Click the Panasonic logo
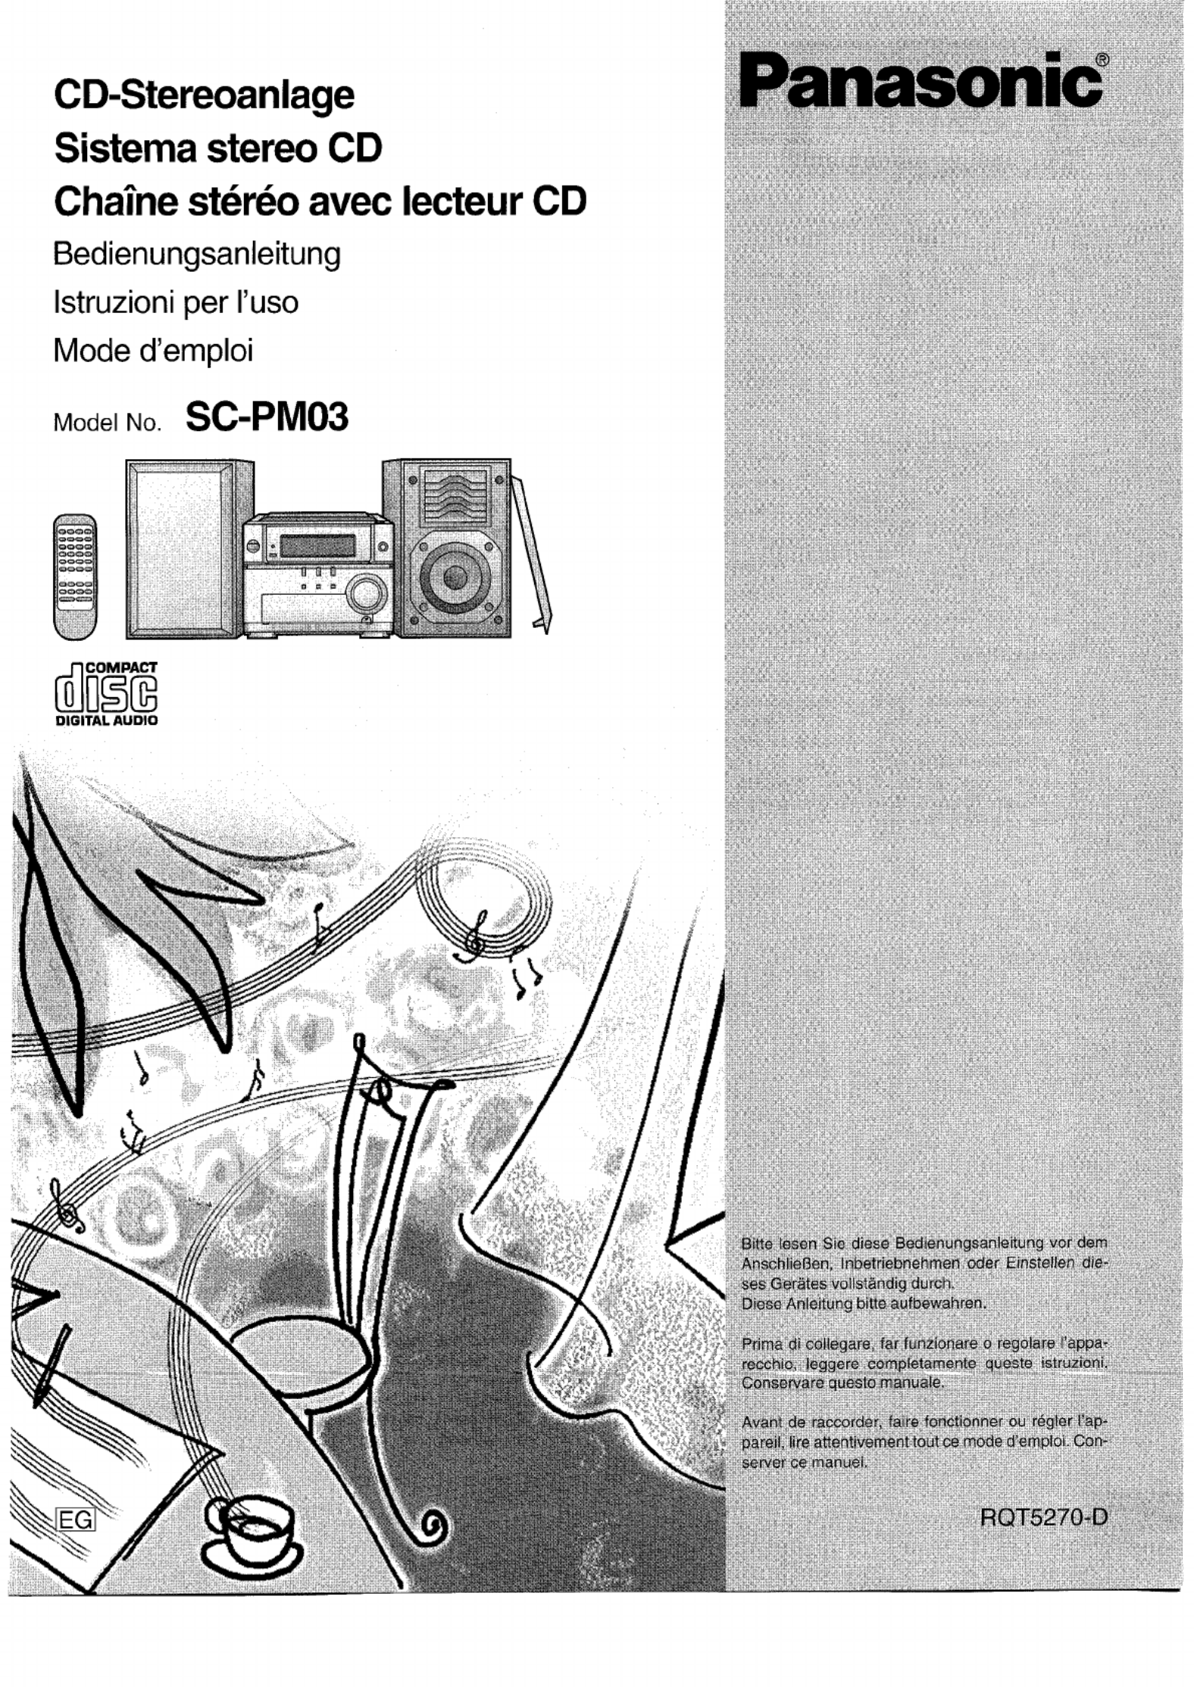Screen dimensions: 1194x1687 click(x=921, y=82)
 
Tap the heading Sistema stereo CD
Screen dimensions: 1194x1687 click(x=218, y=148)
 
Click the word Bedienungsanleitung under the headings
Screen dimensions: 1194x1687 click(x=197, y=255)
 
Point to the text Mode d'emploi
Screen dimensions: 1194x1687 click(x=153, y=351)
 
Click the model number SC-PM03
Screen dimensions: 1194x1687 click(x=267, y=417)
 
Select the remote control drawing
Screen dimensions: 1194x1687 click(x=75, y=576)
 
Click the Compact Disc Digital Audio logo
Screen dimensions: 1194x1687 click(x=107, y=694)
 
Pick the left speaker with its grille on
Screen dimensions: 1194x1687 click(x=189, y=548)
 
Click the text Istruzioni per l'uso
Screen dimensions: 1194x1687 click(x=176, y=303)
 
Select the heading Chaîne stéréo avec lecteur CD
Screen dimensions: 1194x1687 click(x=320, y=202)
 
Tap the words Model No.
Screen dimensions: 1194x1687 click(x=108, y=423)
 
